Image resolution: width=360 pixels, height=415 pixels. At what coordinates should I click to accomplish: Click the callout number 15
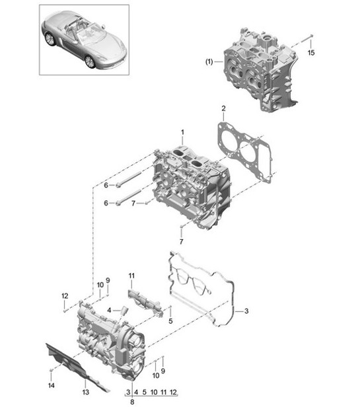click(312, 52)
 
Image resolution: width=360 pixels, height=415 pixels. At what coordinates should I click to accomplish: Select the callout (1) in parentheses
click(209, 63)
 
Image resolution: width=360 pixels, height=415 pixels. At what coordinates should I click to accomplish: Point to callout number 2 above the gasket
click(223, 108)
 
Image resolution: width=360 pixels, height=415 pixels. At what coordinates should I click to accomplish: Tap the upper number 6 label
click(105, 186)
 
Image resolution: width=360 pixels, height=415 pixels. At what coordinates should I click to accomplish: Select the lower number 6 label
click(105, 204)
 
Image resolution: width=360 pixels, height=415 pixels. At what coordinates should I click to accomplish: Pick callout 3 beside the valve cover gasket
click(246, 311)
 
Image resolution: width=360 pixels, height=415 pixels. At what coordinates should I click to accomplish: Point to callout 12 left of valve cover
click(65, 295)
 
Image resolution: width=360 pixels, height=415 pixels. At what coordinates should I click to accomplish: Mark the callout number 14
click(51, 385)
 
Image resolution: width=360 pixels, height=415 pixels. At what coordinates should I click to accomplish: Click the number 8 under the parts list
click(133, 402)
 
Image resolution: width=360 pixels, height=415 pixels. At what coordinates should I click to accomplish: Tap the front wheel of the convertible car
click(89, 61)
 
